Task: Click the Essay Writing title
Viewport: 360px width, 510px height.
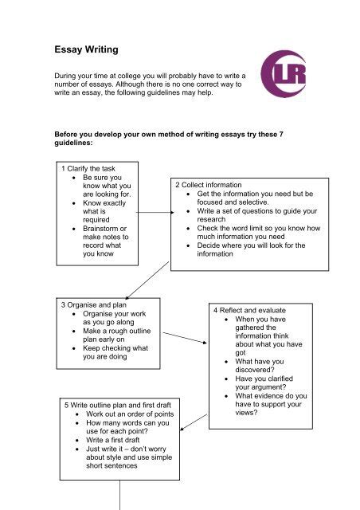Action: click(86, 49)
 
